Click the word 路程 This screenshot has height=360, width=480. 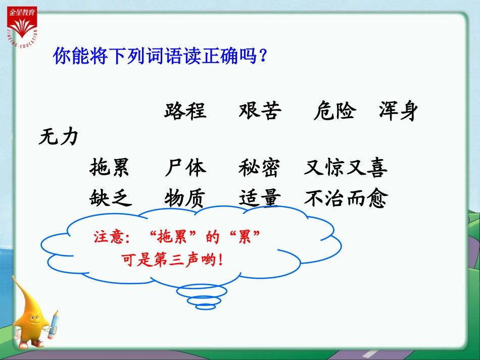185,111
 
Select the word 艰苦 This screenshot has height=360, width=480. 260,111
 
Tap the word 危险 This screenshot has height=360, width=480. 334,111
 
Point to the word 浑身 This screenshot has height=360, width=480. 399,111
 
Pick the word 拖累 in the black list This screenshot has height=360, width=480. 110,168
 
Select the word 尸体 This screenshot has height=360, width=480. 185,168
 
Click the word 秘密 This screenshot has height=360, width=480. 259,168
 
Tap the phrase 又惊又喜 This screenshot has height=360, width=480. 346,168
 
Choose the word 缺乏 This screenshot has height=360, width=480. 111,198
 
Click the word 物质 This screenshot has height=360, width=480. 184,198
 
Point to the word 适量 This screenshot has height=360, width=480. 259,198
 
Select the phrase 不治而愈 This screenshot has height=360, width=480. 346,198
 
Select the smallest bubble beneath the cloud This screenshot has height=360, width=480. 205,306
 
